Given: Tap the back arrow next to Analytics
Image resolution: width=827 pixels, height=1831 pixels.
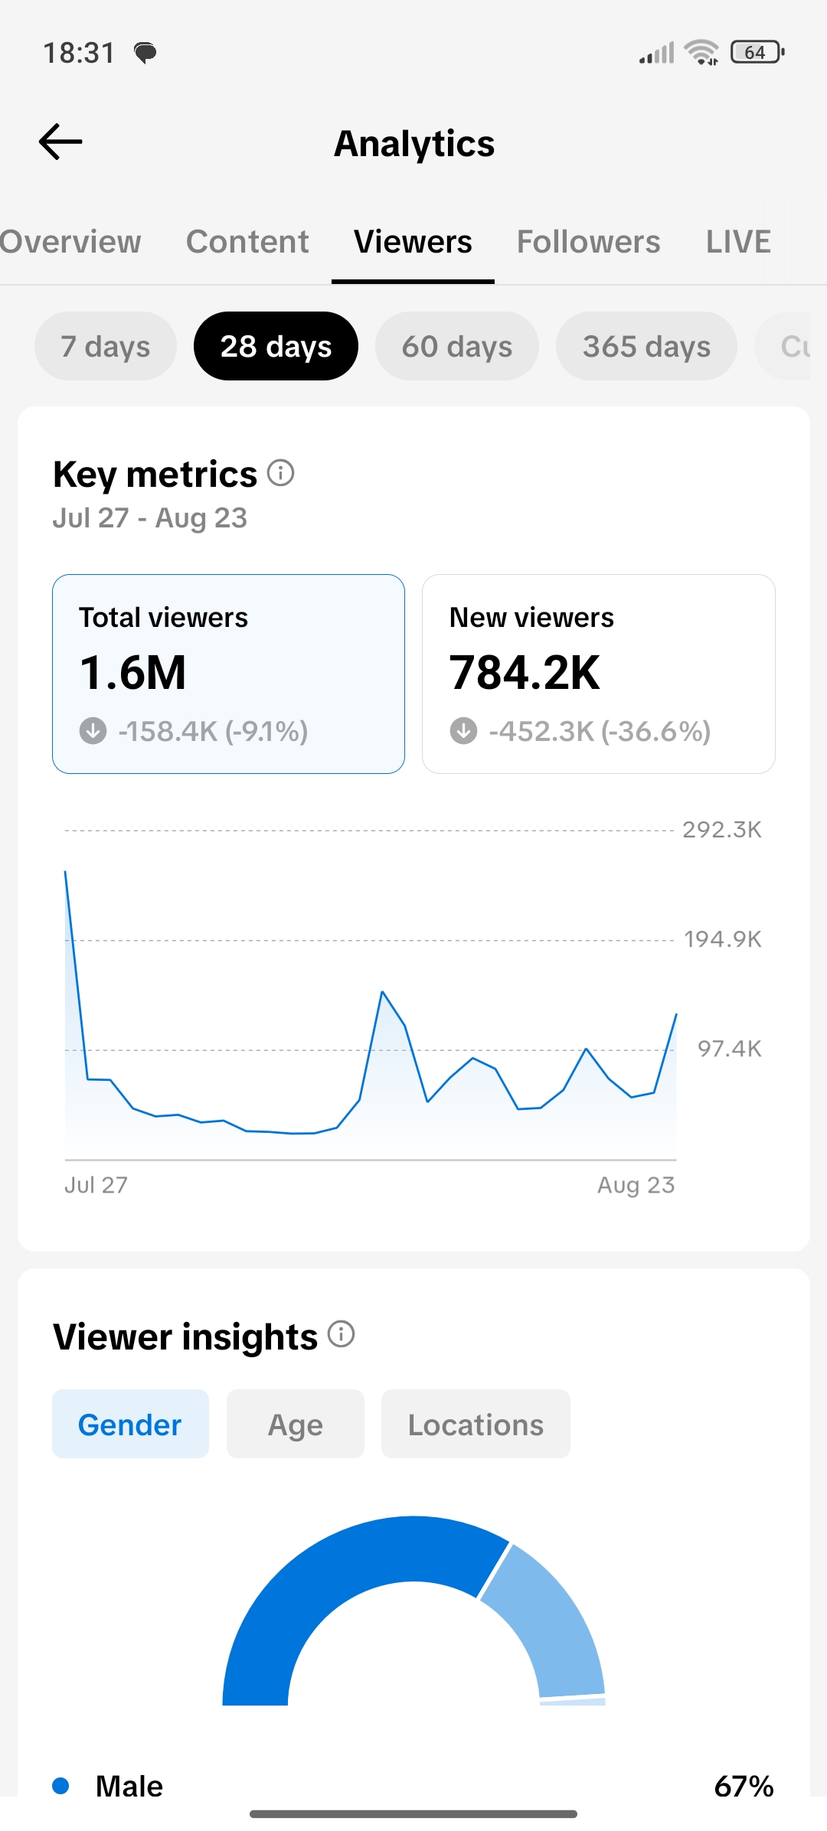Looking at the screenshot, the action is pyautogui.click(x=60, y=142).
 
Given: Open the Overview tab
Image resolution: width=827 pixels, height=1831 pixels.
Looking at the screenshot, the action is pyautogui.click(x=70, y=242).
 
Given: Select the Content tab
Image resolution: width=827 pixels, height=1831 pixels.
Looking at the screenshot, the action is pyautogui.click(x=247, y=242).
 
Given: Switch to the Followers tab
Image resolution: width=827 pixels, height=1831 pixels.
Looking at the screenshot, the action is pyautogui.click(x=588, y=242).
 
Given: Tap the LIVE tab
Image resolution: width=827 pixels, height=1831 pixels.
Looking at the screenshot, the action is pyautogui.click(x=738, y=242).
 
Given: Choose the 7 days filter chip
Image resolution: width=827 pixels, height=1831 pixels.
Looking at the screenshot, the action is pyautogui.click(x=106, y=346).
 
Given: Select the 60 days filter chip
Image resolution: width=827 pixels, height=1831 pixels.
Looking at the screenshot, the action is pyautogui.click(x=457, y=346).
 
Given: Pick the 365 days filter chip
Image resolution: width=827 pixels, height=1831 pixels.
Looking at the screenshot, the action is pyautogui.click(x=646, y=346).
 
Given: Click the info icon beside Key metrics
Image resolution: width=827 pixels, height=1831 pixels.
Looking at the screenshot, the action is pyautogui.click(x=280, y=473).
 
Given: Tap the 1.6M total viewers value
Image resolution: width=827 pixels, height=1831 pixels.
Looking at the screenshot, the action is pyautogui.click(x=132, y=673).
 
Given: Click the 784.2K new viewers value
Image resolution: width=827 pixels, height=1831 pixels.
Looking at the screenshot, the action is pyautogui.click(x=525, y=673).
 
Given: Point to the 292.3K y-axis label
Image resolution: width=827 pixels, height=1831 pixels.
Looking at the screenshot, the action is pyautogui.click(x=722, y=830).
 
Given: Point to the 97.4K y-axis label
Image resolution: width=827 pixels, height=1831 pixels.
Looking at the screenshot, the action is pyautogui.click(x=729, y=1049).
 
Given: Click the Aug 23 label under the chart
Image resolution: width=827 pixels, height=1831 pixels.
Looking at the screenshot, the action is pyautogui.click(x=636, y=1185).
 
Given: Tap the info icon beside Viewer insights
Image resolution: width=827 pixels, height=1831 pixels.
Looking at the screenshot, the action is pyautogui.click(x=341, y=1334).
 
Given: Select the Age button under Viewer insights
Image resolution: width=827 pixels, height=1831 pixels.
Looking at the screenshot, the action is pyautogui.click(x=296, y=1424).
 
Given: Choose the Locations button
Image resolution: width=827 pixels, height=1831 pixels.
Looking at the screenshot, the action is pyautogui.click(x=476, y=1424).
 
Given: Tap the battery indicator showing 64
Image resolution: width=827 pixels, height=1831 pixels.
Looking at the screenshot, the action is pyautogui.click(x=757, y=52).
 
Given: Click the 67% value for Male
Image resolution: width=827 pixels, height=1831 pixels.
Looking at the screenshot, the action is pyautogui.click(x=744, y=1786).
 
